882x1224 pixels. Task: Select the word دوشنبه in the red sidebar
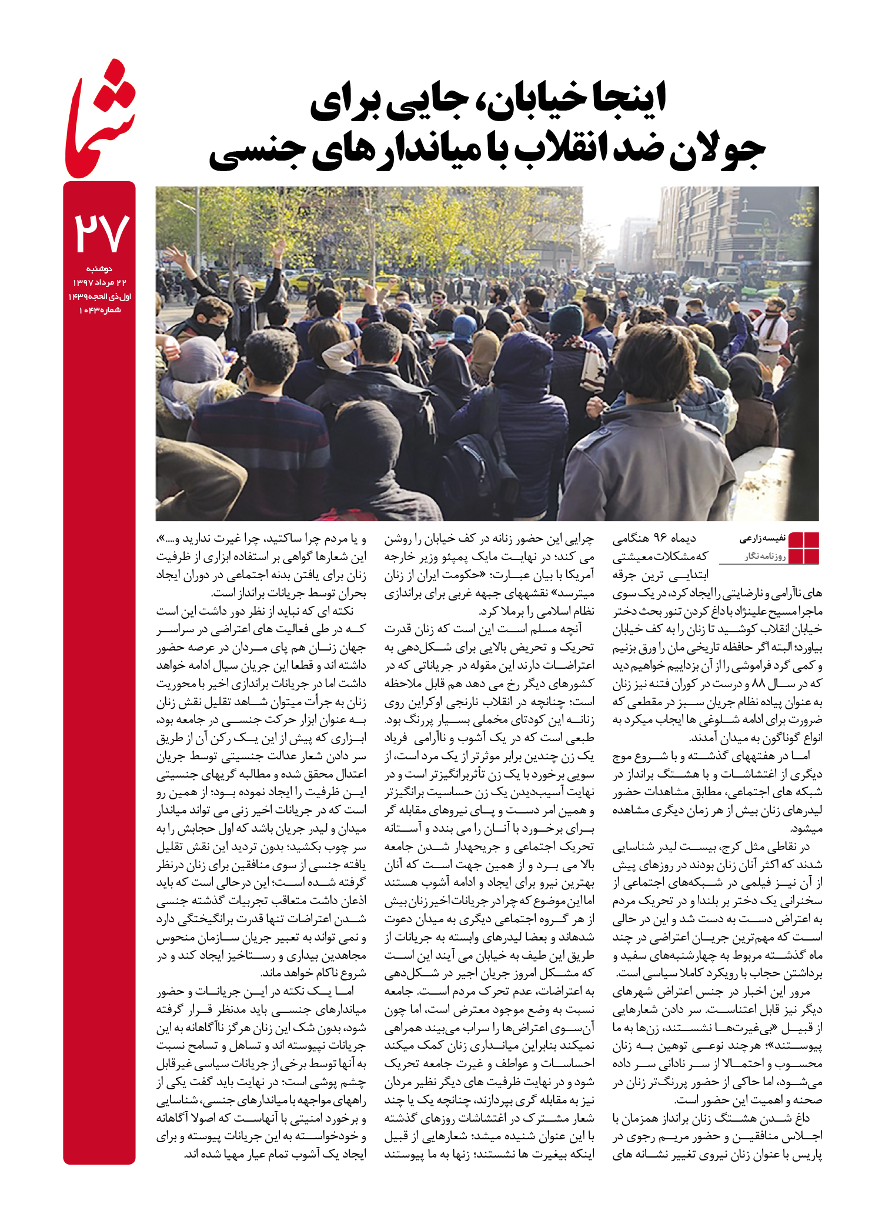[x=99, y=269]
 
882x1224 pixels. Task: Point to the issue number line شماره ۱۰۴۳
[x=99, y=310]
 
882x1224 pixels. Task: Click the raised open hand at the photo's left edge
[x=174, y=255]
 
